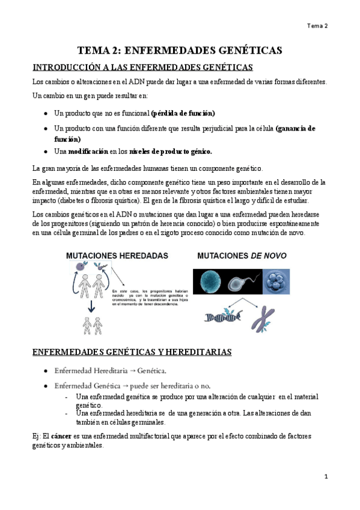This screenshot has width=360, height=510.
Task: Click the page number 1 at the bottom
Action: click(x=325, y=476)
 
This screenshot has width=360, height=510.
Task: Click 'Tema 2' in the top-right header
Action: click(x=317, y=26)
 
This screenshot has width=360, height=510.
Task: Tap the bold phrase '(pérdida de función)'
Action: click(x=183, y=113)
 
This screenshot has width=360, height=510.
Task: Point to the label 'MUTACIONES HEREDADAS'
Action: click(x=117, y=256)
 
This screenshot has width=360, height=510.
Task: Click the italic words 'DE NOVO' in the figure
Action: click(x=267, y=256)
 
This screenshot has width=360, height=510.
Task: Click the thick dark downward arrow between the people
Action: click(x=90, y=307)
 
